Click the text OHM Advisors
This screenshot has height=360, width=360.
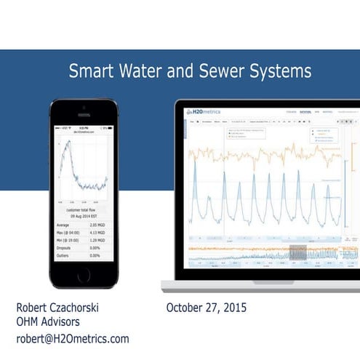pos(49,323)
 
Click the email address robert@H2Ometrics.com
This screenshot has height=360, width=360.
pos(73,339)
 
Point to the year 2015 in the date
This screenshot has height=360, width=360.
pos(233,308)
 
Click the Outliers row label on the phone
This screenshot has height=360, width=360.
pos(67,257)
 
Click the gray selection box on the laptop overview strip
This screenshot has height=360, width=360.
pos(297,252)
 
